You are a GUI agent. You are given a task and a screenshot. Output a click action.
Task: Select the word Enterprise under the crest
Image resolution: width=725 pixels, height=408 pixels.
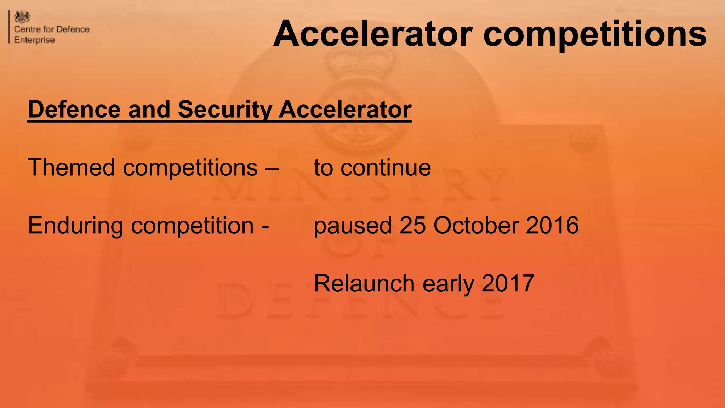(x=34, y=40)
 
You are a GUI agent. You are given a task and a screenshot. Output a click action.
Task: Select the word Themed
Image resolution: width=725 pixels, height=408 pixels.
(x=71, y=167)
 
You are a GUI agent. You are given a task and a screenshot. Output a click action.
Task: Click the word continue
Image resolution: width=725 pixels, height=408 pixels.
(x=386, y=168)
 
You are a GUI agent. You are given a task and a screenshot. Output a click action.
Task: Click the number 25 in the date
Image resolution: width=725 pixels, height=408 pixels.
(x=412, y=225)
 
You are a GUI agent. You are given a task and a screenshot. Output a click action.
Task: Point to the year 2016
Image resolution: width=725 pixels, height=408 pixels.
(x=552, y=225)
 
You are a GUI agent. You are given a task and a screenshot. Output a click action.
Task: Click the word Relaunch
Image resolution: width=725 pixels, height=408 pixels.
(x=364, y=283)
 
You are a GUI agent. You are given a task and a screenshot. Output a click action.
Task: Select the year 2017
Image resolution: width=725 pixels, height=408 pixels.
(x=508, y=283)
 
